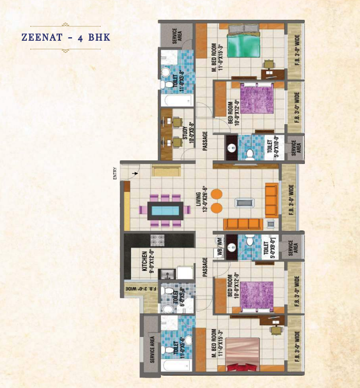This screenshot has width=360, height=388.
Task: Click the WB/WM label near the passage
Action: pos(219,247)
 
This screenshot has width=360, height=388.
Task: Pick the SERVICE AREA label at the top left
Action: pos(177,34)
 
